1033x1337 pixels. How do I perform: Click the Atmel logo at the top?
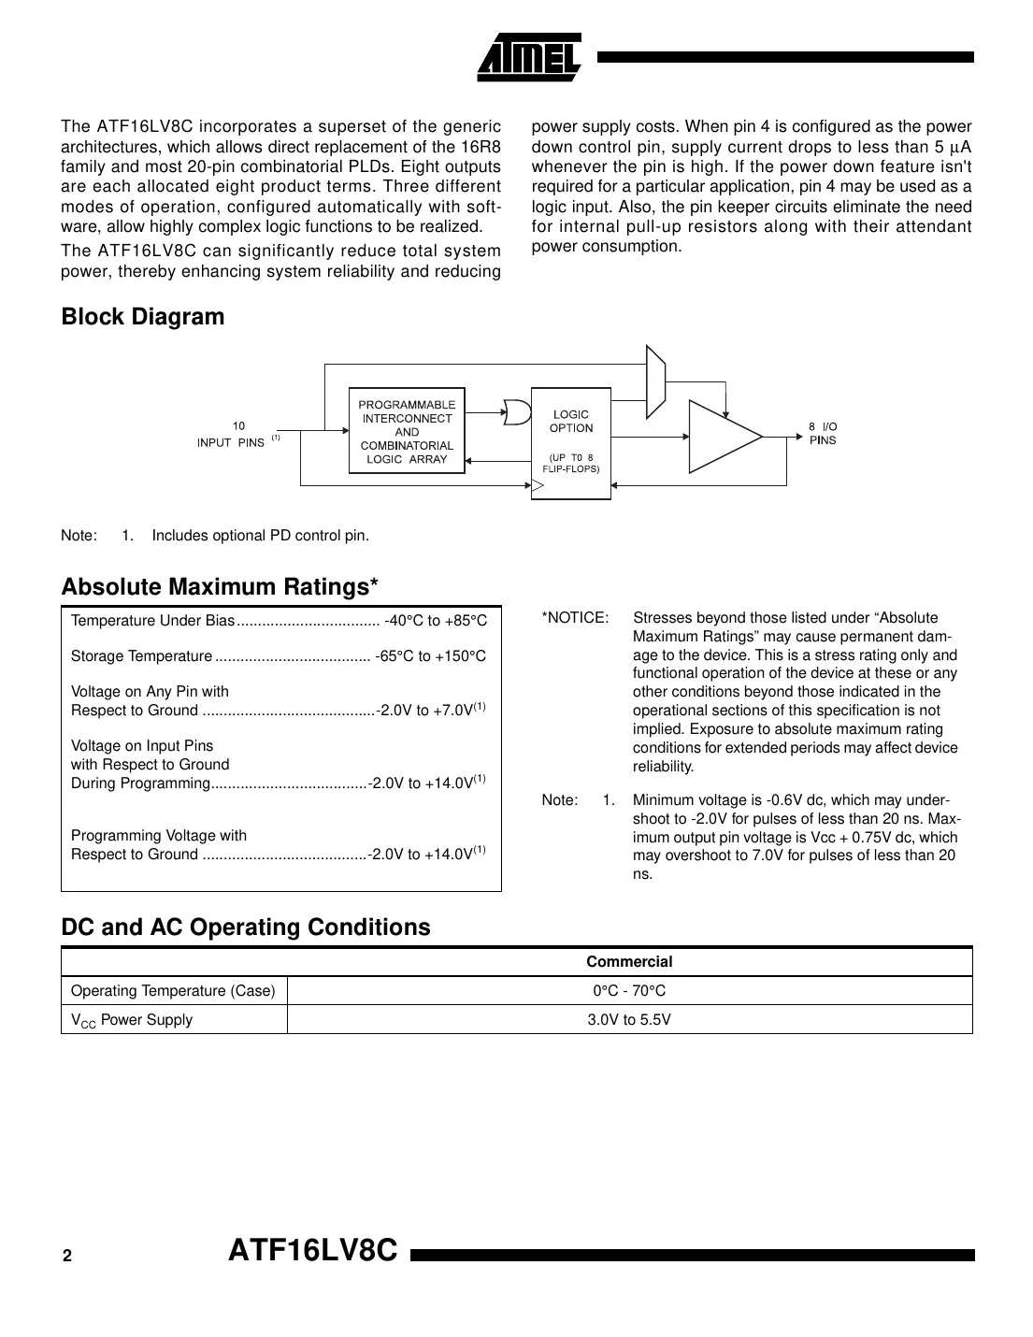(x=529, y=58)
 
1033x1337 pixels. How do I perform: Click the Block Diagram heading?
(x=142, y=317)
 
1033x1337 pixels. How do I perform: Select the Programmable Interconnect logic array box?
(x=407, y=431)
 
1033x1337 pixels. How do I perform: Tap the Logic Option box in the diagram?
(x=570, y=442)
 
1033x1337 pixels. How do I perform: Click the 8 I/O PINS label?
(x=823, y=433)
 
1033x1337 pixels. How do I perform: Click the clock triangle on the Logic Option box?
(x=538, y=484)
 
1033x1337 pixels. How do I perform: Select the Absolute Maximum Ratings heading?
(x=220, y=587)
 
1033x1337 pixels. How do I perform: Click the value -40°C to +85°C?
(x=436, y=621)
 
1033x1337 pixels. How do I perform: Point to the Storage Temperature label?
(x=141, y=656)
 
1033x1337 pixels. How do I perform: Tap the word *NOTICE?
(x=575, y=618)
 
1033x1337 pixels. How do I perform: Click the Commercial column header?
(x=629, y=961)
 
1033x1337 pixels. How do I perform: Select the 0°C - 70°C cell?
(x=629, y=991)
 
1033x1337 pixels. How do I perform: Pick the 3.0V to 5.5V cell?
(x=629, y=1020)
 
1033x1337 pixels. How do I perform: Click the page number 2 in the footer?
(x=66, y=1257)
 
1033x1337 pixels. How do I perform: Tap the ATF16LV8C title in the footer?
(x=313, y=1251)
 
